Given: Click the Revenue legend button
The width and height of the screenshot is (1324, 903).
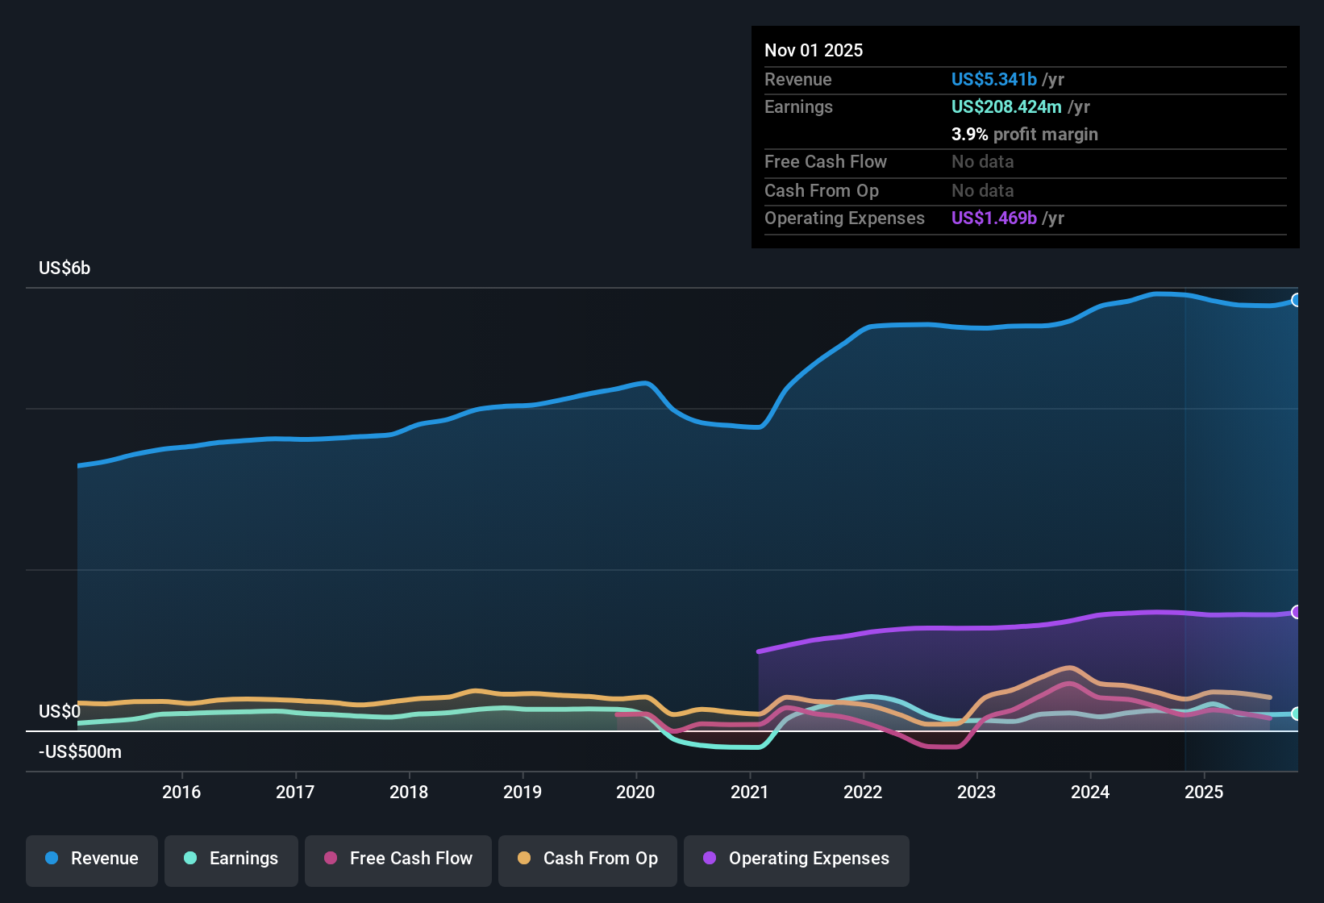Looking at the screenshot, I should click(x=92, y=859).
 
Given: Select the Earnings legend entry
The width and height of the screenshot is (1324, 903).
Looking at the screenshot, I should click(x=231, y=859).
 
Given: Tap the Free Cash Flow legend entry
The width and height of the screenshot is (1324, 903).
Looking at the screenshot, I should click(x=398, y=859).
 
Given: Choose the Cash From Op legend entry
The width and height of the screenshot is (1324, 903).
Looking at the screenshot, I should click(x=588, y=859).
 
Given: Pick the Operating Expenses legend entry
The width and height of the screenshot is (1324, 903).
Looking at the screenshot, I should click(x=796, y=859).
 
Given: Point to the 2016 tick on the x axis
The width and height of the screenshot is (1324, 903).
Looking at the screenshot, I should click(x=181, y=792).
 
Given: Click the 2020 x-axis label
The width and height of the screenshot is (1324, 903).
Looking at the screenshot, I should click(x=635, y=792).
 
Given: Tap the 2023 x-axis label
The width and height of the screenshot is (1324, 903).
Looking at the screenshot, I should click(x=976, y=792).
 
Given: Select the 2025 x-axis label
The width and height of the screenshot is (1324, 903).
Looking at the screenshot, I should click(x=1204, y=792).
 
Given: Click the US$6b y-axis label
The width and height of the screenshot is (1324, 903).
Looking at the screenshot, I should click(x=65, y=268).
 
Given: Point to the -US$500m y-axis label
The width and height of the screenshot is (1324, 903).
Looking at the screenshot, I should click(x=80, y=752).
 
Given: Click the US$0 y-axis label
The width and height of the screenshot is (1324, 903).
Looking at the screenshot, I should click(x=60, y=712).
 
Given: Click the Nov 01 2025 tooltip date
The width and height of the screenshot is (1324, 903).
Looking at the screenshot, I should click(x=814, y=51).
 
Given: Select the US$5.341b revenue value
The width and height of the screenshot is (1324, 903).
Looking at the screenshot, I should click(x=993, y=80).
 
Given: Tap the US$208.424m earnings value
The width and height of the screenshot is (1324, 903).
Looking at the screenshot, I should click(x=1006, y=107).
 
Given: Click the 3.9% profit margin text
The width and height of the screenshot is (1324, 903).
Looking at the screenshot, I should click(x=1024, y=135).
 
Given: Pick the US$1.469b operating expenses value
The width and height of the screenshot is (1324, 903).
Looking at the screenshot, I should click(x=993, y=218).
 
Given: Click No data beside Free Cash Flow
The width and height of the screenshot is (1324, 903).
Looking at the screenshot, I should click(x=982, y=162).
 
